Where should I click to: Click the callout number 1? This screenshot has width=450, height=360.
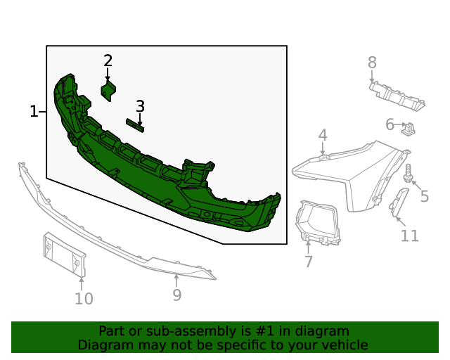pos(33,111)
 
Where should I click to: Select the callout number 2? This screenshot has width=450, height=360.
pos(108,60)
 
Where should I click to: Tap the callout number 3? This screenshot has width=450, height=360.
pos(140,106)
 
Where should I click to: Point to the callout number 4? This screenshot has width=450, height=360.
pos(323,135)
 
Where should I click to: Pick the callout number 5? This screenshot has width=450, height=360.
pos(424,196)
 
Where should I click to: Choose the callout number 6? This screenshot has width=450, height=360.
pos(390,125)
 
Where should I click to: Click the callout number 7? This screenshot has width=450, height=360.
pos(308,262)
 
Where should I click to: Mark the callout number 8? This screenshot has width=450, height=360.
pos(372,63)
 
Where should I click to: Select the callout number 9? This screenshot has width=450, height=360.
pos(176,295)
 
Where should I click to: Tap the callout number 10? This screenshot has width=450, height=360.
pos(83,299)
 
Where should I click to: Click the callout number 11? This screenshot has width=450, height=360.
pos(409,236)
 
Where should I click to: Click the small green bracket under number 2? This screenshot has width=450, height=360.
pos(108,91)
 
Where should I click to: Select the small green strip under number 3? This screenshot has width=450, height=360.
pos(135,124)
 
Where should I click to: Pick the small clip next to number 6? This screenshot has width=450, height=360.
pos(408,128)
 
